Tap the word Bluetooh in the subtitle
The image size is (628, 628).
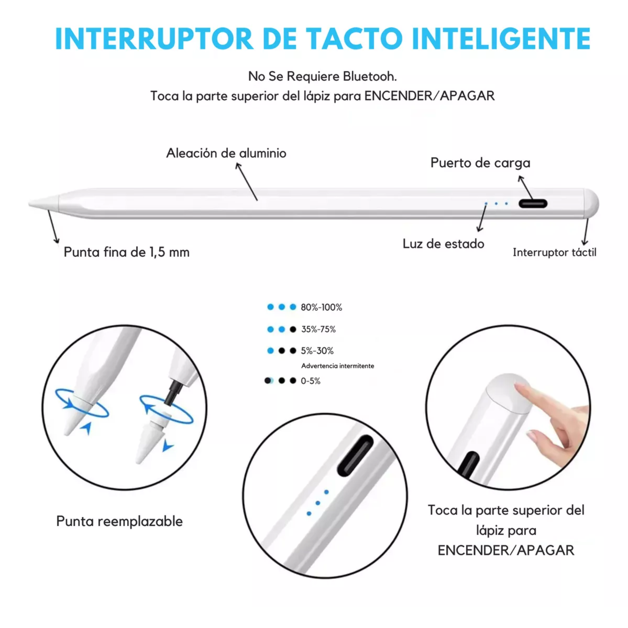(x=370, y=76)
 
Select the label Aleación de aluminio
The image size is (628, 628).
(x=226, y=153)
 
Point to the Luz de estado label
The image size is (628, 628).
(x=443, y=244)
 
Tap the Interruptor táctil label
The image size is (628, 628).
(x=555, y=252)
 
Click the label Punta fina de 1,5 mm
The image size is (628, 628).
(x=127, y=252)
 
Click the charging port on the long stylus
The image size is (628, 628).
(x=533, y=204)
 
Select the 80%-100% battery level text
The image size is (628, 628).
(x=322, y=307)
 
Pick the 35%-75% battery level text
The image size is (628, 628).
(x=318, y=329)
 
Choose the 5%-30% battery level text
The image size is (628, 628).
(x=317, y=351)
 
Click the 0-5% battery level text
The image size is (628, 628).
(x=311, y=381)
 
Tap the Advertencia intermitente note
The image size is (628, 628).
(x=338, y=366)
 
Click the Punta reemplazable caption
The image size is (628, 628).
(x=119, y=521)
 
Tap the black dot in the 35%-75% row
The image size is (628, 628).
(x=293, y=329)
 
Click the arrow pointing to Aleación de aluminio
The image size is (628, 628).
(x=247, y=182)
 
